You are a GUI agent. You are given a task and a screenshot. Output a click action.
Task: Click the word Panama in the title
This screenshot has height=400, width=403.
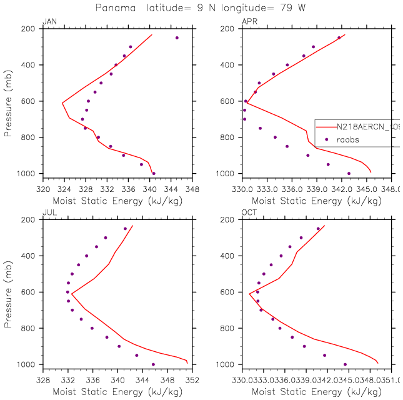point(114,8)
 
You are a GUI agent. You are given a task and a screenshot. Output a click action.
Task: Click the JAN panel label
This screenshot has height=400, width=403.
point(49,22)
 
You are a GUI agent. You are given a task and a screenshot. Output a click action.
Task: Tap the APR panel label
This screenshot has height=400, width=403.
point(249,22)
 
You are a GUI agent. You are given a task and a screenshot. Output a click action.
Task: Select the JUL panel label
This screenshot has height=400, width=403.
point(49,214)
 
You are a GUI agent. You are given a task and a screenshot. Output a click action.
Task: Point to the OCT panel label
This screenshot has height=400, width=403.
point(249,214)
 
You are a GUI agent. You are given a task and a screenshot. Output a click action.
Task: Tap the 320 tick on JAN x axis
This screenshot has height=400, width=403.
point(42,186)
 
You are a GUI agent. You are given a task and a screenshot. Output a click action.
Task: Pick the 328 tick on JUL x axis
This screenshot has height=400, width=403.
point(42,377)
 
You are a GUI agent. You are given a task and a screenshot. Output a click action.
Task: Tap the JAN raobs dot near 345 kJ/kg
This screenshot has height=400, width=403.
point(177,37)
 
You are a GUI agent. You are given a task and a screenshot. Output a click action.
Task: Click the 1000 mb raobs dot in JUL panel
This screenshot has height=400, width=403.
point(153,364)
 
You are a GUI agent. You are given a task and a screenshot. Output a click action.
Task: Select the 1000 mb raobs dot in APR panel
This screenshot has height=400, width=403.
point(349,173)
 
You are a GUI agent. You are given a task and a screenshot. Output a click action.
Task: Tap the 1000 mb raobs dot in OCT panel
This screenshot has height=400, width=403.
point(345,364)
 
